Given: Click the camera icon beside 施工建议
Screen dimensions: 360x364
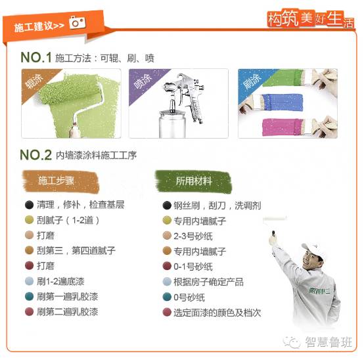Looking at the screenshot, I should pyautogui.click(x=78, y=23).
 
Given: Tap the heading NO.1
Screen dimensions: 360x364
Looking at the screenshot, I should pyautogui.click(x=35, y=58).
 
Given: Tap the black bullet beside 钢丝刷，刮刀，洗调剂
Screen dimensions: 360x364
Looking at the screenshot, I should pyautogui.click(x=167, y=206).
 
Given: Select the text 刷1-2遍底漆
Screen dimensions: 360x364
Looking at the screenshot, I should pyautogui.click(x=60, y=281).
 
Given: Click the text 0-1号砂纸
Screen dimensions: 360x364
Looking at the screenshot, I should pyautogui.click(x=193, y=267).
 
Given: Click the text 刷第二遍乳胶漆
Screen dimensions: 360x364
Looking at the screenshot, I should pyautogui.click(x=68, y=311).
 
